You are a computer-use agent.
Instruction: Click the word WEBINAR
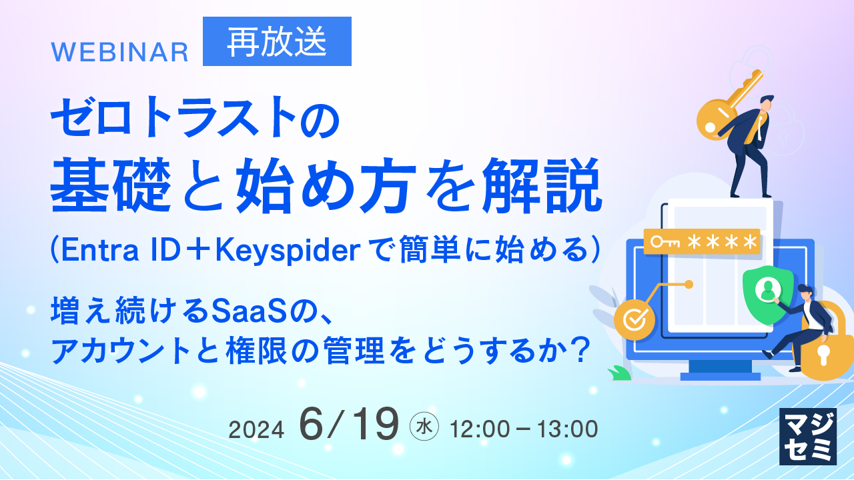(120, 52)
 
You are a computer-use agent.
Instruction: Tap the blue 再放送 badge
(277, 42)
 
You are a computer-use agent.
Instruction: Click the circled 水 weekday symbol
(424, 427)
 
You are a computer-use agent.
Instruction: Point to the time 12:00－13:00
(524, 429)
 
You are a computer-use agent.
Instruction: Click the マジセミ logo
(807, 436)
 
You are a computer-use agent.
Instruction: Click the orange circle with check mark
(630, 318)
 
